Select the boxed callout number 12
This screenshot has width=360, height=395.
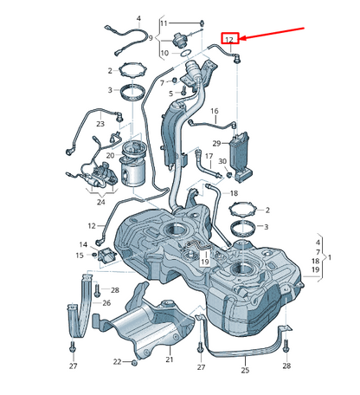click(230, 39)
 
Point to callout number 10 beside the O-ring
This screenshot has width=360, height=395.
click(164, 54)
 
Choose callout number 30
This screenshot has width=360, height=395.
click(221, 162)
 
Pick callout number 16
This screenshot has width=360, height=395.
click(214, 111)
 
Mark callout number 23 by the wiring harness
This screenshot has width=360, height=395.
click(100, 124)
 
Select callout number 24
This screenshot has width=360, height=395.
click(101, 203)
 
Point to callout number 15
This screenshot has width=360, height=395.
click(79, 256)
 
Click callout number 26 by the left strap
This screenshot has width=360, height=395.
click(106, 302)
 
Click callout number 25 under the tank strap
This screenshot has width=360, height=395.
click(245, 370)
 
